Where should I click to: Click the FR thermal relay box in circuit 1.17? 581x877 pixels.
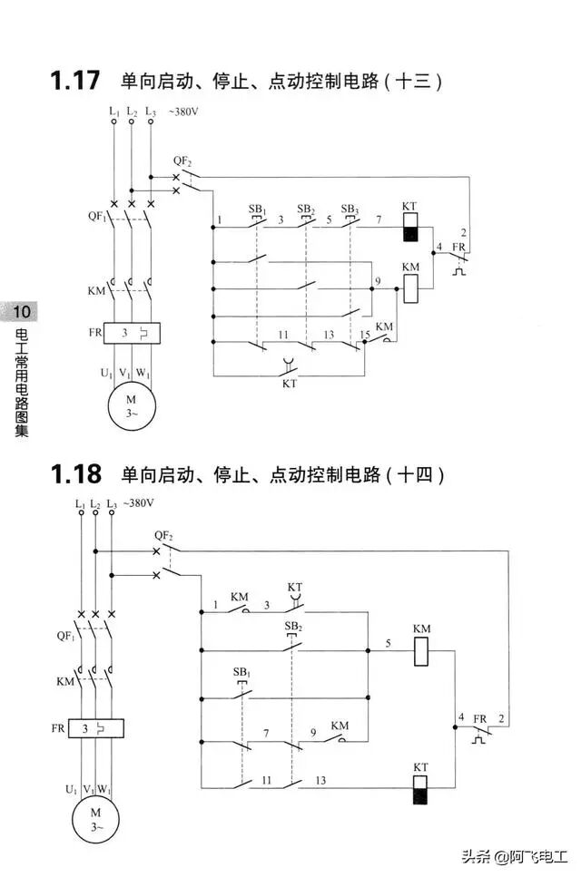coord(132,333)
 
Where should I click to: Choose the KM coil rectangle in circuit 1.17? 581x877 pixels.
coord(410,287)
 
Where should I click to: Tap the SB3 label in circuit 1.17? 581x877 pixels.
coord(350,210)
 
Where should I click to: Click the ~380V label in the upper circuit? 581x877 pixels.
coord(185,112)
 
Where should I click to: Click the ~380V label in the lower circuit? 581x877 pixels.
coord(139,503)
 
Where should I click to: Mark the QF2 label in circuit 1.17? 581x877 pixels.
coord(182,160)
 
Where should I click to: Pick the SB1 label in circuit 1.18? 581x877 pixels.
coord(241,672)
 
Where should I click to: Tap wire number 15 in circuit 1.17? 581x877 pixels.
coord(365,336)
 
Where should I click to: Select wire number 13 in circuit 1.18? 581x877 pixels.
coord(320,781)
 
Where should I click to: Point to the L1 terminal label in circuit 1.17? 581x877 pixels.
coord(113,112)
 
